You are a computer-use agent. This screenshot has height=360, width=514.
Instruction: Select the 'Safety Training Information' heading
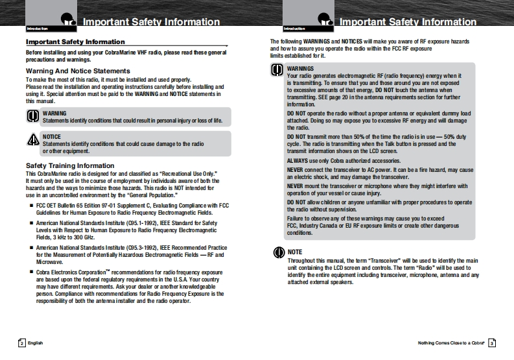pos(70,166)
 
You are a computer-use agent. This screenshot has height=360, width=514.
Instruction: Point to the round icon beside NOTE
pos(277,252)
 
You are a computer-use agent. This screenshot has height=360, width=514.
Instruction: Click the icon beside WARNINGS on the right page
pos(277,71)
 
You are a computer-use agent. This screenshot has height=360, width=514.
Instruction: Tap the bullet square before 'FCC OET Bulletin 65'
pos(31,205)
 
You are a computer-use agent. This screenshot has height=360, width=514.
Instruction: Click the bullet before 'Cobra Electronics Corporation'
pos(31,270)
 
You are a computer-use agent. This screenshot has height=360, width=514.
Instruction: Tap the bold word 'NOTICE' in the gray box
pos(52,137)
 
